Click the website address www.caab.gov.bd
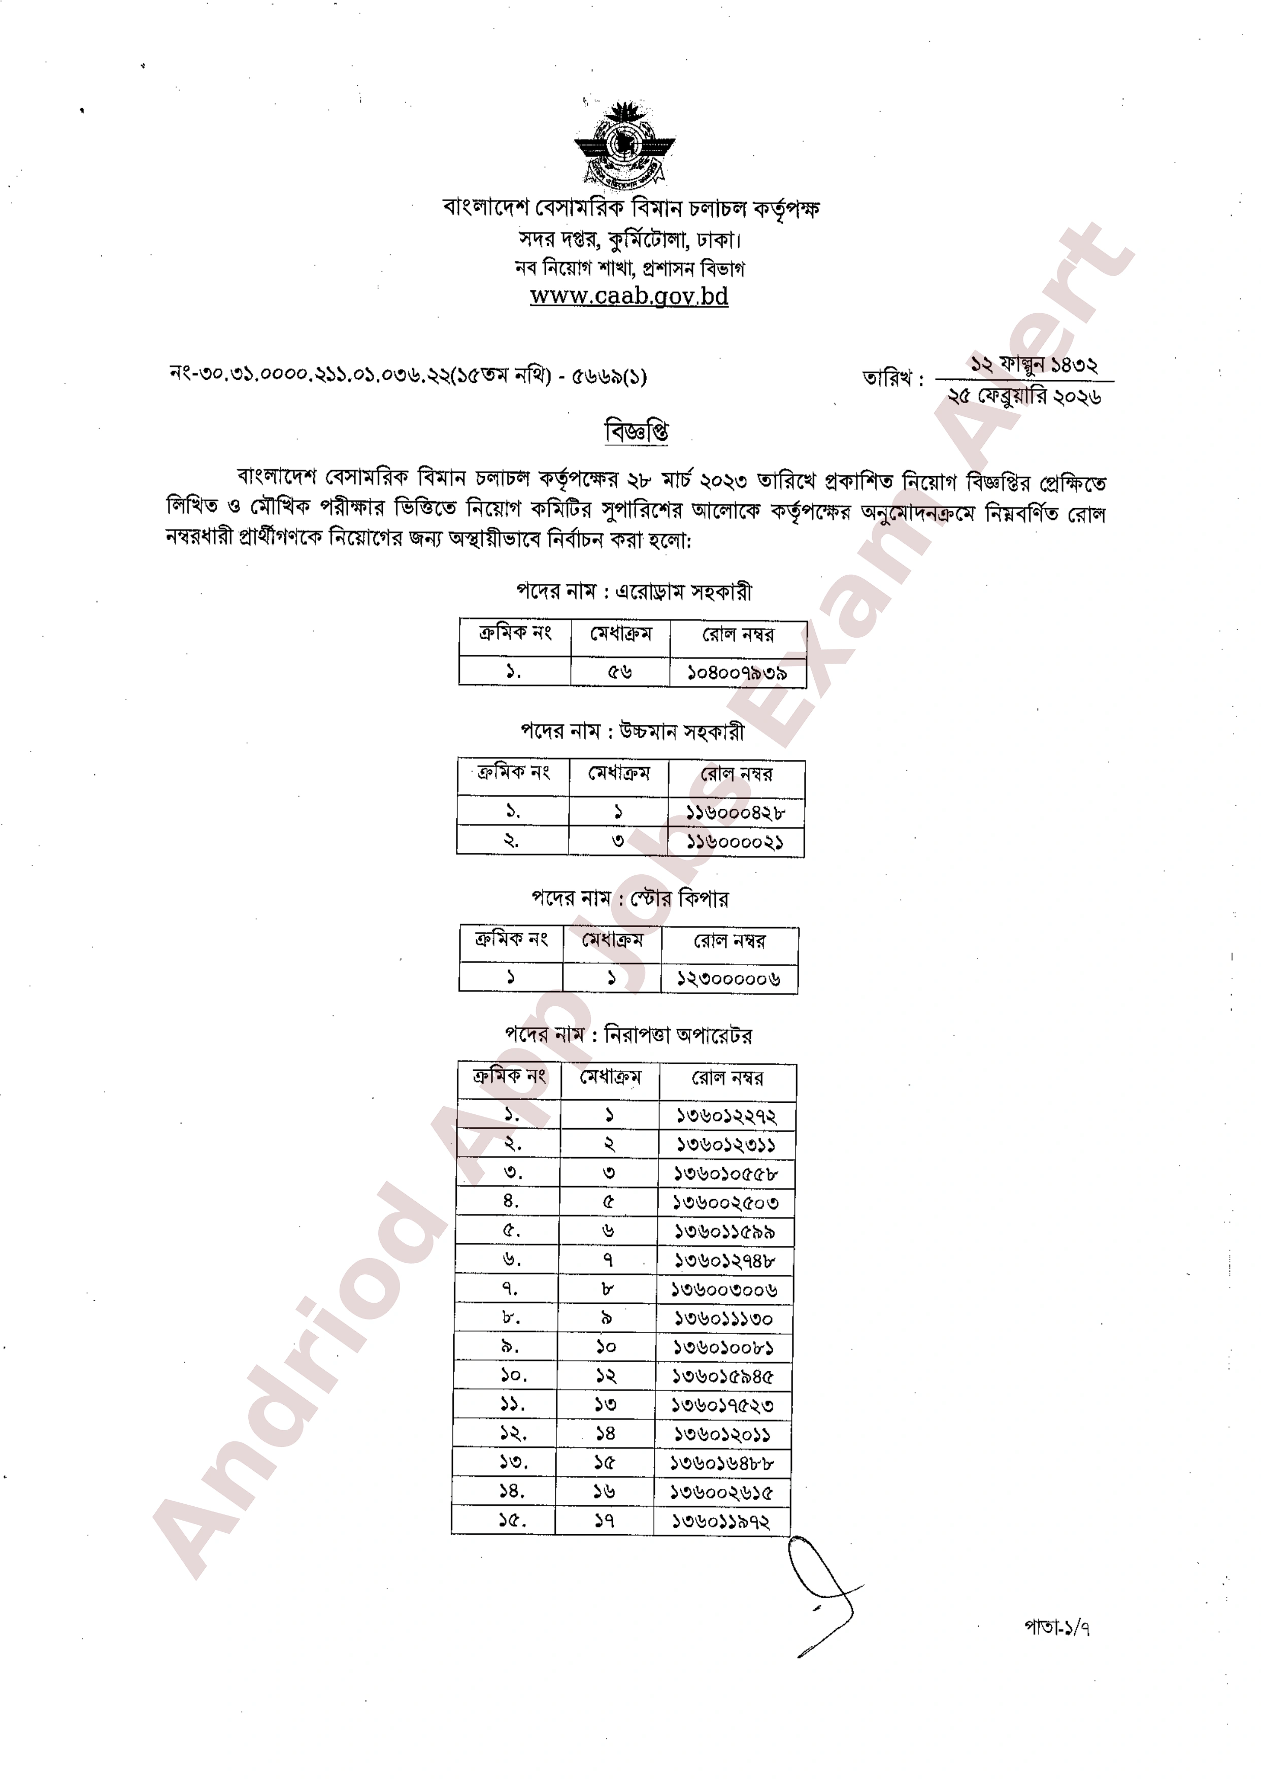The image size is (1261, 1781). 629,296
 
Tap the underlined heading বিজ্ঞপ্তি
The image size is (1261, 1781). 636,432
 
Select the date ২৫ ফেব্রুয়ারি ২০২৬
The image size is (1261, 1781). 1024,397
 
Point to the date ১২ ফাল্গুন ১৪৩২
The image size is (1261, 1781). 1033,364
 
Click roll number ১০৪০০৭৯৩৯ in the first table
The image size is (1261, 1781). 737,673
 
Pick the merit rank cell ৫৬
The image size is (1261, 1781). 620,672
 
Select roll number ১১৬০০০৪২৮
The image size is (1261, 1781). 735,813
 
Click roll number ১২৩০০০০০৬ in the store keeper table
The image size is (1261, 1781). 728,979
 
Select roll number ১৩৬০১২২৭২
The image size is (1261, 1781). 726,1116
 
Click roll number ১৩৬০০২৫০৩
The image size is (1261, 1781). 725,1203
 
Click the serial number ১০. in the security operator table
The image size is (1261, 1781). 513,1376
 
